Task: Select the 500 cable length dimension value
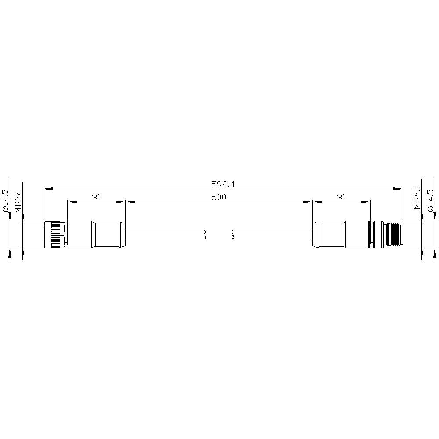click(218, 198)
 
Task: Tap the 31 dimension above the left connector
click(96, 198)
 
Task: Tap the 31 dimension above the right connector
click(341, 198)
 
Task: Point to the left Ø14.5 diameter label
click(5, 201)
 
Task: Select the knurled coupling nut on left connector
click(55, 234)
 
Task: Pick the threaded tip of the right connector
click(394, 234)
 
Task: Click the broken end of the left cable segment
click(205, 234)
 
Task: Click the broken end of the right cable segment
click(233, 234)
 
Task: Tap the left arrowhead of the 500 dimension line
click(130, 202)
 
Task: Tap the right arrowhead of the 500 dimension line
click(307, 202)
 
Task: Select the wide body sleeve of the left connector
click(80, 234)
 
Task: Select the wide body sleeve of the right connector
click(356, 234)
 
